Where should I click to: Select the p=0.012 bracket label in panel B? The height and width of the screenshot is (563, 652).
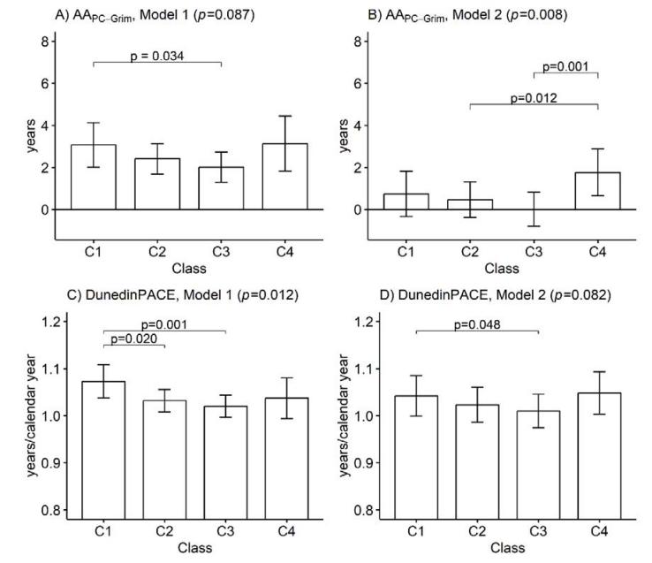[x=527, y=97]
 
